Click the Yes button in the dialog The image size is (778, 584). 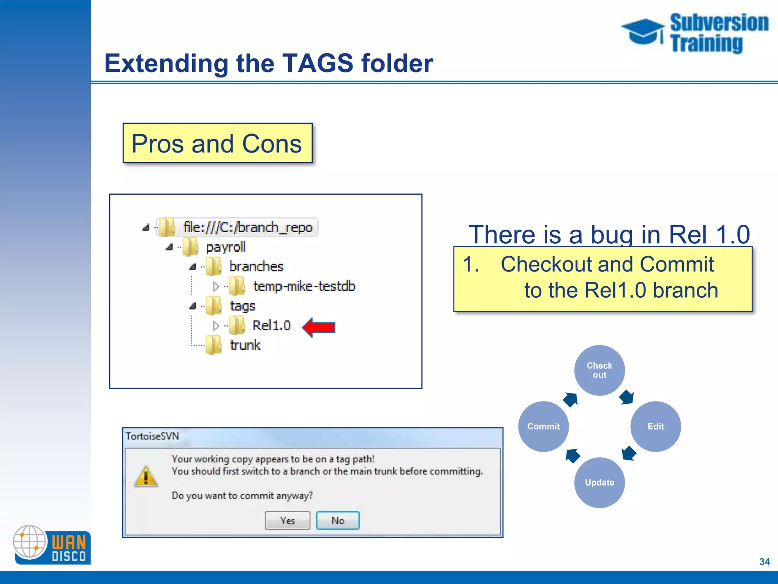287,521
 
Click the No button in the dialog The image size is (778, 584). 338,521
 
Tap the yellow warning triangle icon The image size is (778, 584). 146,476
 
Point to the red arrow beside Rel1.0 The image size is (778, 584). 319,327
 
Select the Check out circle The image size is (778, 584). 599,370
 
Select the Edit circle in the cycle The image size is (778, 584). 655,426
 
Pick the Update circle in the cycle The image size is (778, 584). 599,482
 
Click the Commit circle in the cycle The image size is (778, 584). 543,426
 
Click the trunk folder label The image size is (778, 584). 245,345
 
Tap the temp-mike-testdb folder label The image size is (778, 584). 304,286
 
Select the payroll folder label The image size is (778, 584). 226,247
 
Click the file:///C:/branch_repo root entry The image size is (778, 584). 248,227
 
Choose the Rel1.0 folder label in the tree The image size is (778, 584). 271,325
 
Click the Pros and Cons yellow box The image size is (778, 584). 217,143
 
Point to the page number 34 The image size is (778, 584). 764,562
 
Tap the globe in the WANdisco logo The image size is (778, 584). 30,541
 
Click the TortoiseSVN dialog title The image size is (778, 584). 152,436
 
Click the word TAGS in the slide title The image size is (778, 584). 318,63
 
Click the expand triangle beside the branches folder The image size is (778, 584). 193,267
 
